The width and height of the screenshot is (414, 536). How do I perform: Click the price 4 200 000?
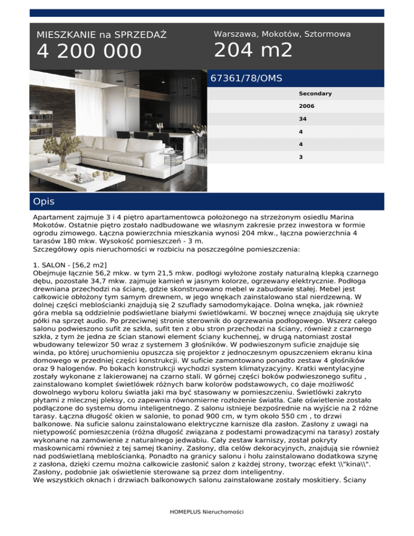tap(89, 52)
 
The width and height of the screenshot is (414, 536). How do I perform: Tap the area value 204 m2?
tap(253, 51)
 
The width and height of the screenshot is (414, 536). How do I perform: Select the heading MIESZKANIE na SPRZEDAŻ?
tap(101, 35)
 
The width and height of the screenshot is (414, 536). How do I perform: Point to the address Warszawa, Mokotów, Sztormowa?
tap(282, 34)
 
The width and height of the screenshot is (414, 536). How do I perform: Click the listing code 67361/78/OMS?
tap(246, 78)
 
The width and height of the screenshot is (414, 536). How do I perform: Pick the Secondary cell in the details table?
tap(315, 94)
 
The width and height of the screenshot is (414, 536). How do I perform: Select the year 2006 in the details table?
tap(307, 106)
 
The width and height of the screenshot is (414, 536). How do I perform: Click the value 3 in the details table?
tap(301, 157)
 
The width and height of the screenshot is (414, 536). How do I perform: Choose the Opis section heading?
tap(44, 202)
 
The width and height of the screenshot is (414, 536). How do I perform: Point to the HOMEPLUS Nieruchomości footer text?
tap(206, 511)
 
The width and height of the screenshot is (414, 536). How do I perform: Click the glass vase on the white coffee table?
tap(64, 161)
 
